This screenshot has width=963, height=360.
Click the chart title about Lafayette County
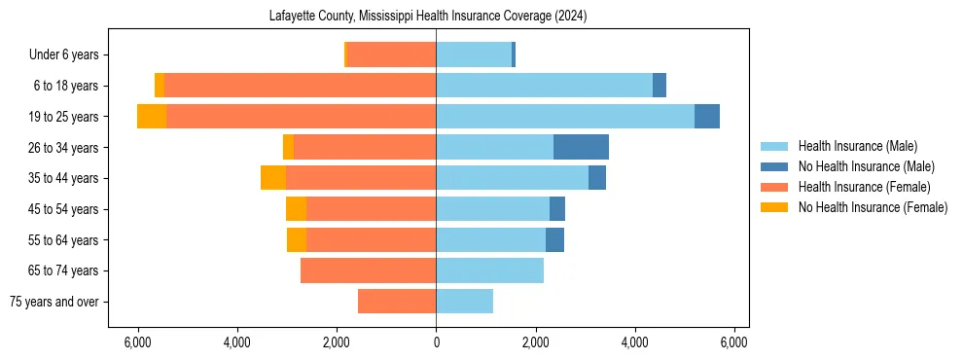pos(427,17)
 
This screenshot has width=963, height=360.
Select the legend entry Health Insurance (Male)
pos(857,146)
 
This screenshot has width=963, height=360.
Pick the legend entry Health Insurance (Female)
pos(864,187)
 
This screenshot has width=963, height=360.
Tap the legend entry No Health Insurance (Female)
pos(873,207)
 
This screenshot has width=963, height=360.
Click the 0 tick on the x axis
pos(436,342)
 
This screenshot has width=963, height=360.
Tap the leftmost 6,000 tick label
pos(138,342)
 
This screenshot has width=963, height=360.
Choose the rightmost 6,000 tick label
pos(733,342)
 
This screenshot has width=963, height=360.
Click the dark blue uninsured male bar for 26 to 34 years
pos(581,147)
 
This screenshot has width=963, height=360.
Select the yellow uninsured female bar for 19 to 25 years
pos(152,117)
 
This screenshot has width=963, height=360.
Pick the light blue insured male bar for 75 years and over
pos(464,302)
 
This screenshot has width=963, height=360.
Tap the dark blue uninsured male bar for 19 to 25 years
pos(707,117)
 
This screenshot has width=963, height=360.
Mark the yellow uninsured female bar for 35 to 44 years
pos(273,178)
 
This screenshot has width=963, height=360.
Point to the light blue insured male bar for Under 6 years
pos(474,54)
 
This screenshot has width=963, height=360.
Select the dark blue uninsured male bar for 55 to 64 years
pos(554,239)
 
